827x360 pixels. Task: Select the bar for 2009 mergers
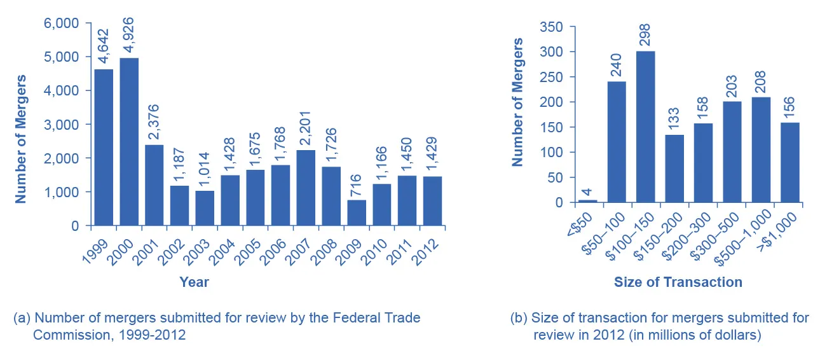click(357, 213)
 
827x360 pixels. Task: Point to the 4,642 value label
click(104, 45)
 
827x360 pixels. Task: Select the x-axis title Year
click(194, 282)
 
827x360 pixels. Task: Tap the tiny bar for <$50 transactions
click(588, 201)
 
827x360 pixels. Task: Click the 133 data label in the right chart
click(674, 117)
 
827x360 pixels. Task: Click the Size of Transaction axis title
click(678, 282)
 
